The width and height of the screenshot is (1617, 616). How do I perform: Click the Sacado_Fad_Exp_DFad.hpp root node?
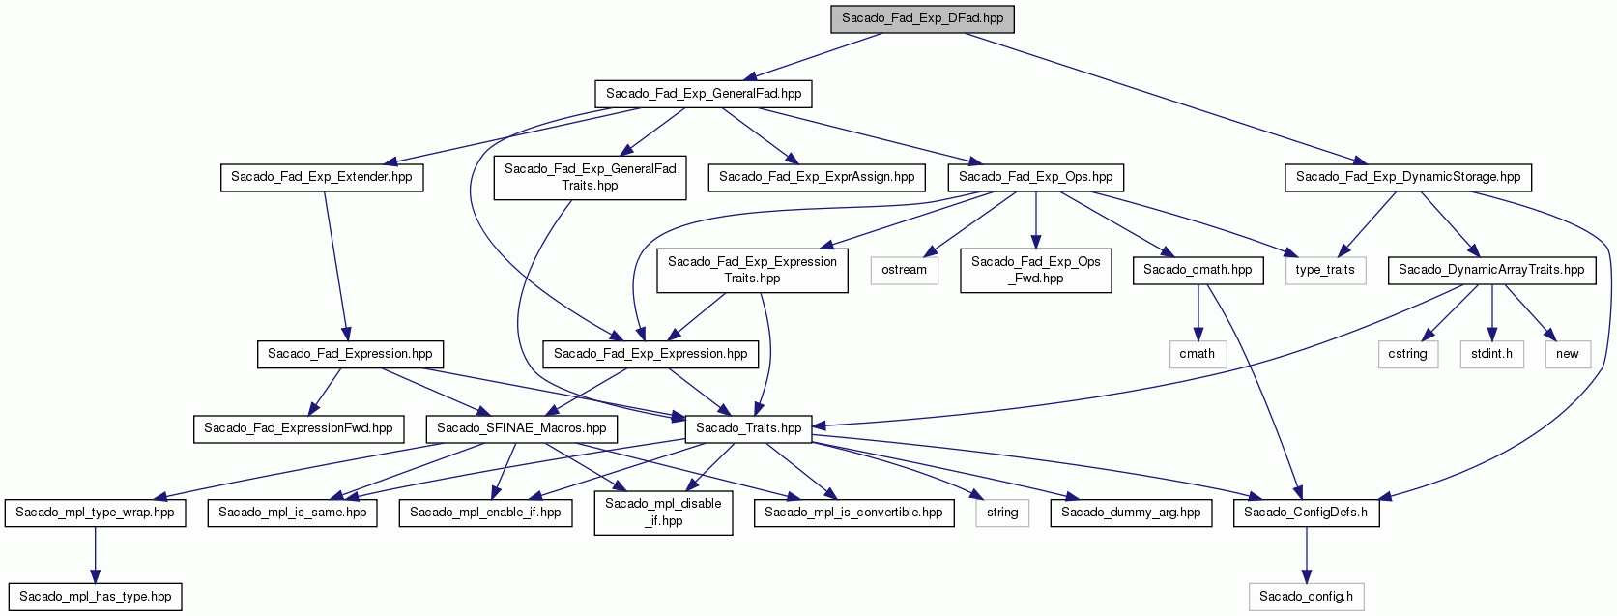click(x=922, y=18)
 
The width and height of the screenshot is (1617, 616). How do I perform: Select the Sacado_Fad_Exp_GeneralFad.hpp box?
click(x=703, y=94)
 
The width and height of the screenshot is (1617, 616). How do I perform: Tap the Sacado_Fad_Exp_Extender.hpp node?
click(x=321, y=178)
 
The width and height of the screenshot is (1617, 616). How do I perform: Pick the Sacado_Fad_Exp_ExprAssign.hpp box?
click(x=817, y=178)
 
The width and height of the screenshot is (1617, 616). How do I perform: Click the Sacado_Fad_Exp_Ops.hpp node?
click(x=1035, y=178)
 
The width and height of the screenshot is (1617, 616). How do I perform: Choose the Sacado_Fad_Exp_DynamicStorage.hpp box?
click(x=1407, y=178)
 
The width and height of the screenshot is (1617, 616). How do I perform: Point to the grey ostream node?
click(x=904, y=270)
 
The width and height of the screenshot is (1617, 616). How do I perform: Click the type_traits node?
click(x=1325, y=270)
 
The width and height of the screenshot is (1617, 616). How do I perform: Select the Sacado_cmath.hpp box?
click(x=1198, y=270)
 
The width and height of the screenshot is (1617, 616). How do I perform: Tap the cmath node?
click(x=1197, y=355)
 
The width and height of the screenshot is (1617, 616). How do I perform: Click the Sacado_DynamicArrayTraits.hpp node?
click(x=1491, y=270)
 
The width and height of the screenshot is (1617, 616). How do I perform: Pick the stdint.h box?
click(x=1491, y=355)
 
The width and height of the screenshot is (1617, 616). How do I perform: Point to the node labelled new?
click(x=1567, y=355)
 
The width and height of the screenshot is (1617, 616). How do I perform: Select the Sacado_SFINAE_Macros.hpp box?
click(x=521, y=429)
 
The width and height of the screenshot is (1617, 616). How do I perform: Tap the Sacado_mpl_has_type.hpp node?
click(x=95, y=598)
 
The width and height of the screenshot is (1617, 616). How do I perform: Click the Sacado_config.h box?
click(x=1306, y=598)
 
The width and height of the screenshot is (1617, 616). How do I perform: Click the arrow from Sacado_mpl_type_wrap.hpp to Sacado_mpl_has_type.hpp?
click(x=95, y=555)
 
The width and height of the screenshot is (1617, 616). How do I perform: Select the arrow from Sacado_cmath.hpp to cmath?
click(x=1198, y=312)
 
